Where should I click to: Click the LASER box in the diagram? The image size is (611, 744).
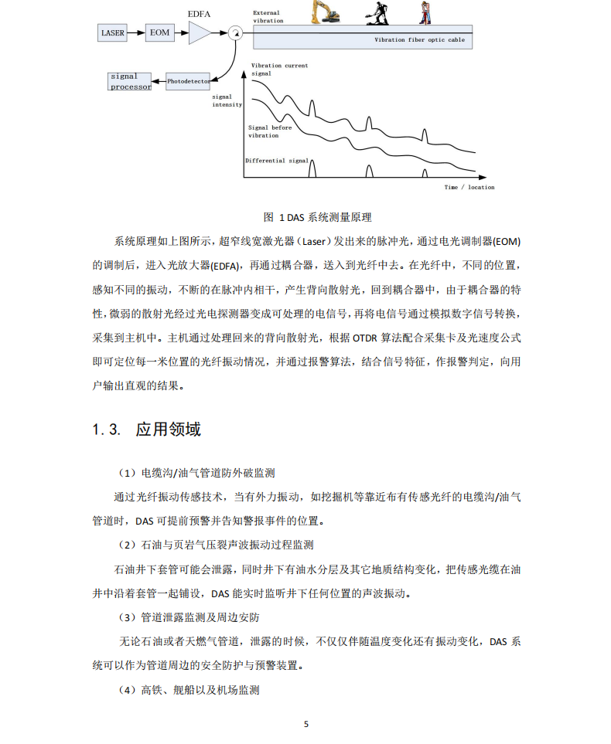(x=112, y=32)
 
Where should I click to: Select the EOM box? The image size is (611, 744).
(x=159, y=32)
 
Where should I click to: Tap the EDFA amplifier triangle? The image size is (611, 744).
(x=199, y=32)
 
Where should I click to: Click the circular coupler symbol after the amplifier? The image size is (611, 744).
(x=234, y=32)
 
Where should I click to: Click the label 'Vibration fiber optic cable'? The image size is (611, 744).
(x=419, y=39)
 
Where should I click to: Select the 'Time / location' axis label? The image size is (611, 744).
(x=469, y=187)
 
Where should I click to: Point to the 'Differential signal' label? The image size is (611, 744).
(x=276, y=161)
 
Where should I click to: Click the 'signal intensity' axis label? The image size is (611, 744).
(x=227, y=100)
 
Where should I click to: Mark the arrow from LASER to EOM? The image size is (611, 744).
(x=137, y=32)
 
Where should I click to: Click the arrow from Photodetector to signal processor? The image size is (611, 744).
(x=159, y=80)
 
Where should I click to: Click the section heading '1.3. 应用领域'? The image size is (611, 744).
(x=146, y=430)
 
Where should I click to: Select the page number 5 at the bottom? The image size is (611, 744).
(x=306, y=724)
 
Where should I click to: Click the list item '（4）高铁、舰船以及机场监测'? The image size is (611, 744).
(x=188, y=690)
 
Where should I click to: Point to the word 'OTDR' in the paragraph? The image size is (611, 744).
(x=364, y=338)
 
